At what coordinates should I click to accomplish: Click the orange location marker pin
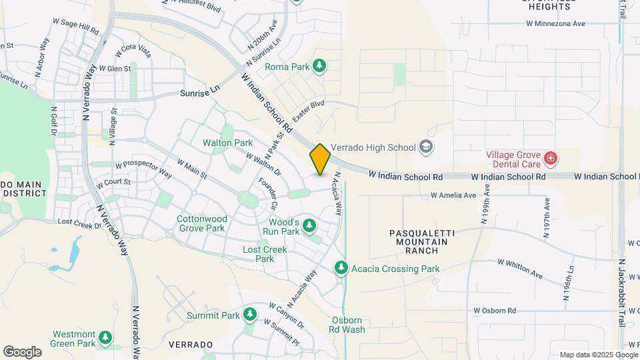pyautogui.click(x=320, y=159)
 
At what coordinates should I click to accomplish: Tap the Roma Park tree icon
pyautogui.click(x=321, y=65)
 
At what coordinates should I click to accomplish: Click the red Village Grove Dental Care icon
pyautogui.click(x=551, y=158)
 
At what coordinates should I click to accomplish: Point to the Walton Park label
pyautogui.click(x=228, y=143)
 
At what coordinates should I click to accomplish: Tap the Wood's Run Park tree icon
pyautogui.click(x=309, y=226)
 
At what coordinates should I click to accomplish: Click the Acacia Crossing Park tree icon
pyautogui.click(x=341, y=268)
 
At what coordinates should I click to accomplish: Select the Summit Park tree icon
pyautogui.click(x=250, y=314)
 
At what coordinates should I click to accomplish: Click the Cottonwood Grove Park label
pyautogui.click(x=202, y=223)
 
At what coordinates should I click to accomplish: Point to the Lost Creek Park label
pyautogui.click(x=265, y=254)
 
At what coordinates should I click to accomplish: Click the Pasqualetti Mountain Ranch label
pyautogui.click(x=422, y=242)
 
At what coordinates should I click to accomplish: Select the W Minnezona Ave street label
pyautogui.click(x=555, y=23)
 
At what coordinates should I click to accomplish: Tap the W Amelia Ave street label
pyautogui.click(x=453, y=196)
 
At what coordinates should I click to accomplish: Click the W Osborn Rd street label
pyautogui.click(x=495, y=311)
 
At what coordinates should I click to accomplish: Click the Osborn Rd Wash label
pyautogui.click(x=348, y=325)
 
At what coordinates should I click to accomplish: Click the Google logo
pyautogui.click(x=22, y=352)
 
